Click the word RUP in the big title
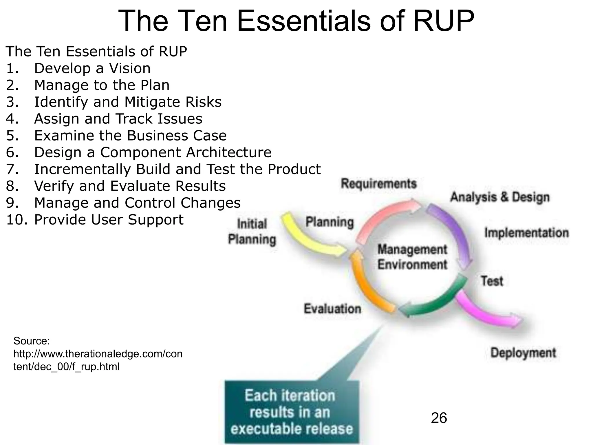click(x=443, y=21)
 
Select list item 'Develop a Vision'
click(x=92, y=68)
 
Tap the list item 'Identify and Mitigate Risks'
click(x=128, y=102)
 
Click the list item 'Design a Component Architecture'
click(x=153, y=152)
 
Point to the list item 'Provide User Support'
click(x=109, y=220)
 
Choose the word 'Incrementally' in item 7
click(x=83, y=169)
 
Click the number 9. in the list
click(x=13, y=203)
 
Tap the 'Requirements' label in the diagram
click(x=378, y=184)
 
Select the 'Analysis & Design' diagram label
click(x=500, y=197)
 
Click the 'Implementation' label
click(x=526, y=233)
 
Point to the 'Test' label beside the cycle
click(x=492, y=281)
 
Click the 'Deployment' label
click(x=523, y=353)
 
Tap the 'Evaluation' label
click(x=332, y=309)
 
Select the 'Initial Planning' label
click(x=252, y=232)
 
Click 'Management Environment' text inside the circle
click(x=412, y=257)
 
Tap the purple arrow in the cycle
click(x=455, y=232)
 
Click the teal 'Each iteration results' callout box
click(x=292, y=412)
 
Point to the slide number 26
click(x=439, y=418)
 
